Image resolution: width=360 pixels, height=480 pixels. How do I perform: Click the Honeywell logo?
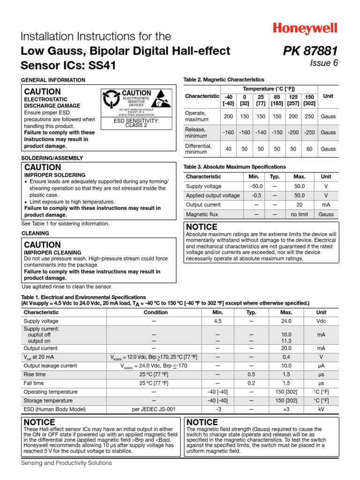coord(305,29)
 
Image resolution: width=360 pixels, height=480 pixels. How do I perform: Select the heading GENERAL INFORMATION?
coord(53,80)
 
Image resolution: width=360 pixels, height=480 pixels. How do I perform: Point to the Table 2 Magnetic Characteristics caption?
coord(224,80)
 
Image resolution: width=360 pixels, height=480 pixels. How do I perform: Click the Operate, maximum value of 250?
coord(309,116)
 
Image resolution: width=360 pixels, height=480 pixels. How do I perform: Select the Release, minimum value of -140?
coord(261,133)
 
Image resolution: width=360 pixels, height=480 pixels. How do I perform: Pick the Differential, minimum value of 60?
coord(309,149)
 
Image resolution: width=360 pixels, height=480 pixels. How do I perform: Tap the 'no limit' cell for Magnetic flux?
coord(300,214)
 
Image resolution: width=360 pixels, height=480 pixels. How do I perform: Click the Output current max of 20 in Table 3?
coord(300,205)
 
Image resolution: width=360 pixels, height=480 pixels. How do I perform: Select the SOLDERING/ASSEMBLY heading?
coord(52,158)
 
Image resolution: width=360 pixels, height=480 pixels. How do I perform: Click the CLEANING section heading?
coord(35,233)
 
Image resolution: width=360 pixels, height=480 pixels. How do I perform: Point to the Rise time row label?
coord(35,375)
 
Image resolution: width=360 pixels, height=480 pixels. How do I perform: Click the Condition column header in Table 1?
coord(156,312)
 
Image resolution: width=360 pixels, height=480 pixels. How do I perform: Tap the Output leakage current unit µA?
coord(321,366)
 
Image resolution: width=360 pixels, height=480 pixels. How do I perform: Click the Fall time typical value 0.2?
coord(252,383)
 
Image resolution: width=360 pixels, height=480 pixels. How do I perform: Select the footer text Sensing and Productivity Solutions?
coord(67,463)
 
